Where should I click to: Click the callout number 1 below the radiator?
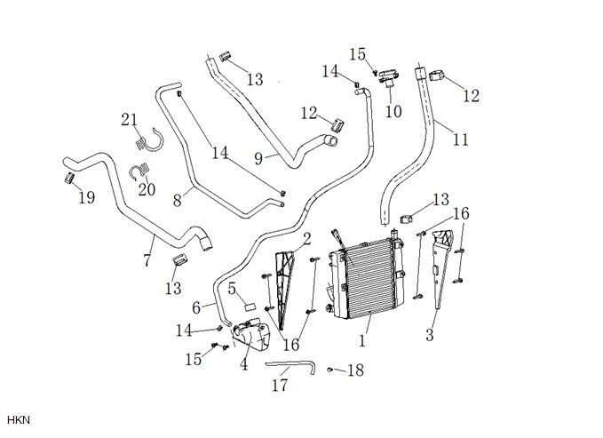coord(361,338)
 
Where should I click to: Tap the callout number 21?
coord(130,121)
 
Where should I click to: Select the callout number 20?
coord(147,188)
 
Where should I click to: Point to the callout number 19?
coord(86,197)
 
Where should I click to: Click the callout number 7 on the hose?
coord(147,261)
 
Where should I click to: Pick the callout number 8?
coord(178,202)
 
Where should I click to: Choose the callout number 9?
coord(258,158)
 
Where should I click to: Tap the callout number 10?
coord(393,112)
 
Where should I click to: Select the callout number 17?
coord(280,386)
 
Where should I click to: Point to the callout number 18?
coord(355,370)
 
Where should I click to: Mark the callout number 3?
coord(430,335)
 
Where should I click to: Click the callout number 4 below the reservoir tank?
coord(243,363)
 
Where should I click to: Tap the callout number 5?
coord(232,288)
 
